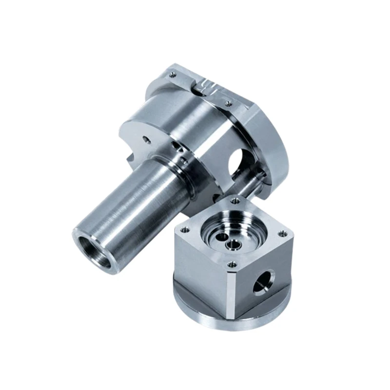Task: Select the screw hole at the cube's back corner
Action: [235, 200]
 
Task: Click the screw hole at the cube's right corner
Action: [281, 234]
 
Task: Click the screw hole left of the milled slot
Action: [173, 75]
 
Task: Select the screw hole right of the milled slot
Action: [227, 103]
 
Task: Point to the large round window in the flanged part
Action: [237, 163]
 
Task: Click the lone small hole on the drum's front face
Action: [147, 139]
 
